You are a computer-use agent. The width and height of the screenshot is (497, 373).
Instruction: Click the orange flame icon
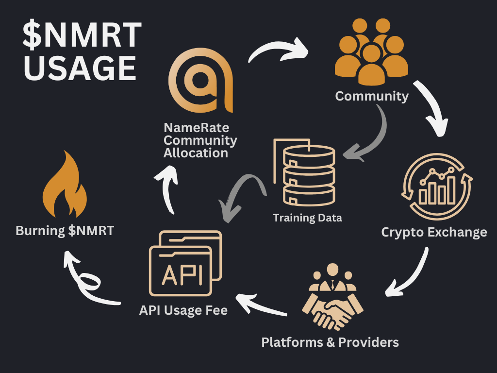tap(65, 187)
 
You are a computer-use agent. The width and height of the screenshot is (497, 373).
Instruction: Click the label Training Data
tap(307, 218)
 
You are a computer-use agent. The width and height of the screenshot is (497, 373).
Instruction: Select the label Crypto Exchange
tap(434, 232)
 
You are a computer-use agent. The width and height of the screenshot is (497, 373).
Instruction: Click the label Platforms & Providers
tap(330, 342)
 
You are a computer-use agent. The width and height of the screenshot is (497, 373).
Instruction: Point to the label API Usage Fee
tap(183, 310)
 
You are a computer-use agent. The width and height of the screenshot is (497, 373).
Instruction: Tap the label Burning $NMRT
tap(65, 230)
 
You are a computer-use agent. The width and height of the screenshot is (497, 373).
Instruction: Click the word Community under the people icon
tap(372, 96)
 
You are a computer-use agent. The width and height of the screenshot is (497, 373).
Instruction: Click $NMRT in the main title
tap(83, 36)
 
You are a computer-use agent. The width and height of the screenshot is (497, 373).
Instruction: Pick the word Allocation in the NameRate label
tap(196, 153)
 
